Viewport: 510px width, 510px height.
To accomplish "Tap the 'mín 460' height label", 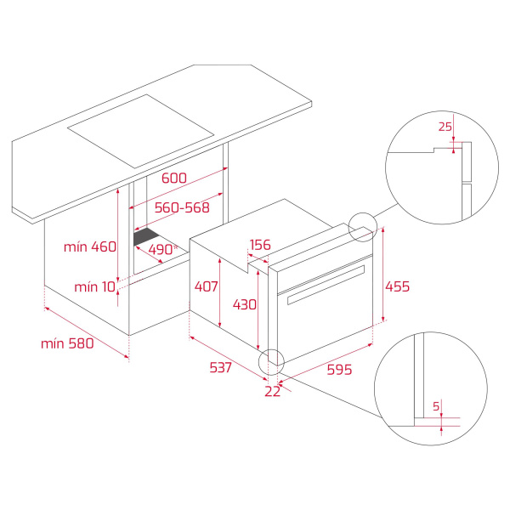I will pos(89,246).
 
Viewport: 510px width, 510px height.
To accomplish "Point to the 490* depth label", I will pos(161,249).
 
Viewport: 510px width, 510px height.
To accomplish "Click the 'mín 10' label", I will pos(93,286).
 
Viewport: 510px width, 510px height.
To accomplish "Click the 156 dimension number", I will pos(259,246).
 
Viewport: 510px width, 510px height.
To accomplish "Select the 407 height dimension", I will pos(205,286).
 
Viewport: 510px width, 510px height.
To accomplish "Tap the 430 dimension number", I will pos(245,304).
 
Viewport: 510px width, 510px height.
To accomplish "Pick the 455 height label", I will pos(397,286).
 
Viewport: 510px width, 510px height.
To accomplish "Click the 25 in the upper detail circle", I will pos(444,127).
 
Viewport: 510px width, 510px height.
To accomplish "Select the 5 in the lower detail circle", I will pos(435,406).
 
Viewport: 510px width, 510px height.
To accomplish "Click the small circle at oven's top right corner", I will pos(362,224).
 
